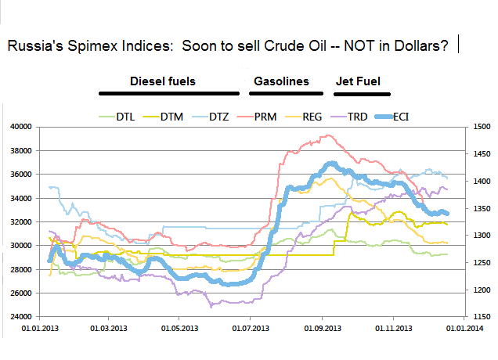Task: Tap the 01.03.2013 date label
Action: [108, 329]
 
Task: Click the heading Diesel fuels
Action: [162, 81]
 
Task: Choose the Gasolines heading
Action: [281, 81]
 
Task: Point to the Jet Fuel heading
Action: [357, 81]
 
